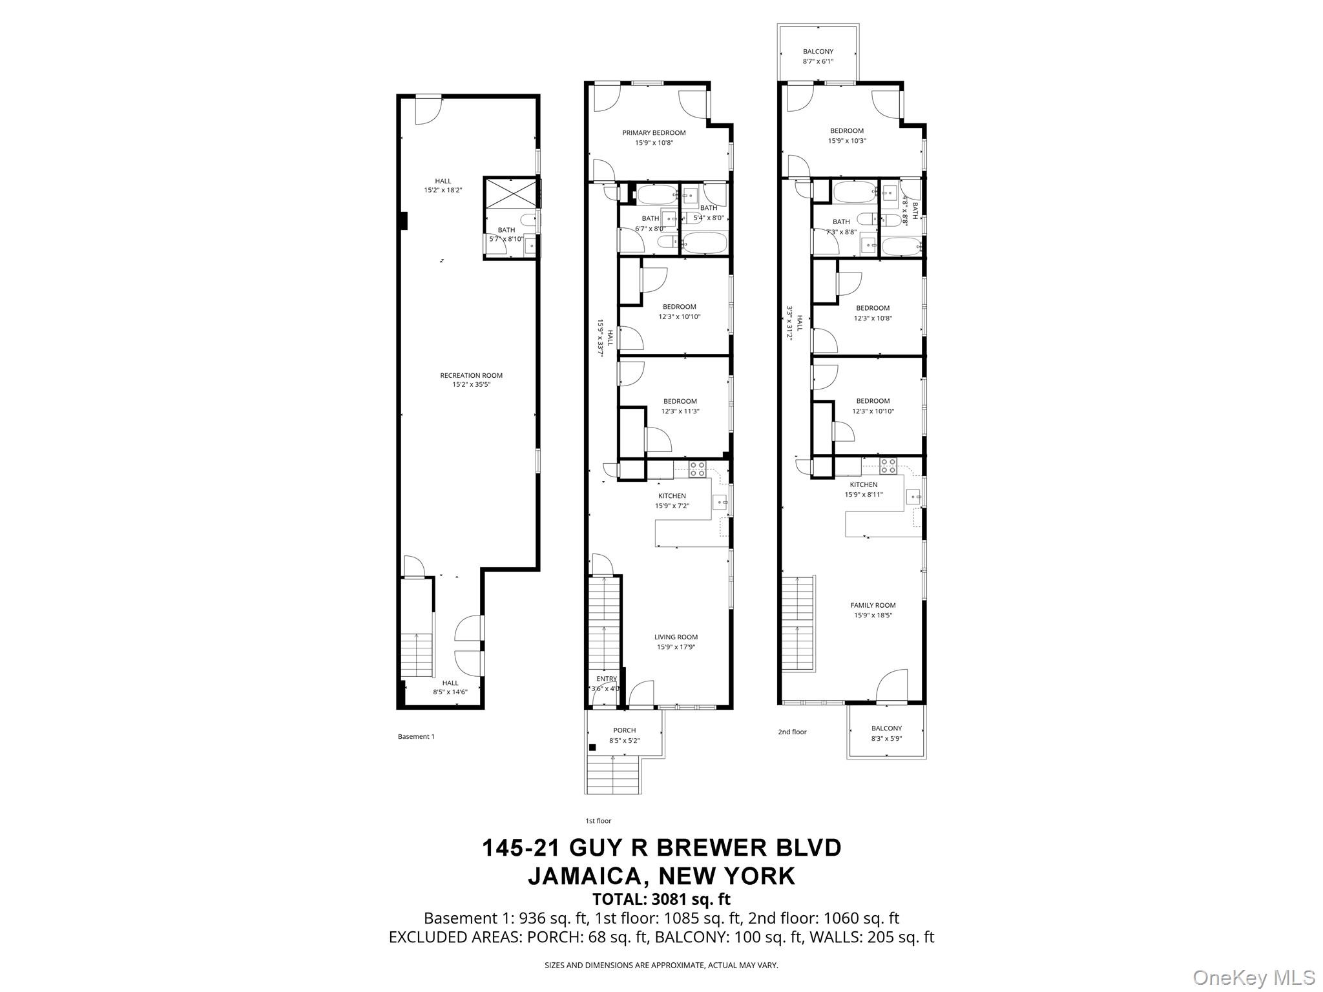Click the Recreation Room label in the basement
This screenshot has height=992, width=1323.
[471, 375]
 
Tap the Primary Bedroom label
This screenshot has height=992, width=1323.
[654, 133]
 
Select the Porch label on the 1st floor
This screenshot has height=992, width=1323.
[625, 730]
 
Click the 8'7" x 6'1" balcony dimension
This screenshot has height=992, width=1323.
[818, 61]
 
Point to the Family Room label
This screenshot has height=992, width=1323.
[873, 605]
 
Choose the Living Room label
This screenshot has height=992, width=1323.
[676, 637]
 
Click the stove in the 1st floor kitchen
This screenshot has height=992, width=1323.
[697, 470]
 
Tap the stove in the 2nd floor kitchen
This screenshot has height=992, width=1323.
[888, 466]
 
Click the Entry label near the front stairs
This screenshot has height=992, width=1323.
[607, 679]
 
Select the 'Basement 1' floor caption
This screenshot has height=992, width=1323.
[416, 736]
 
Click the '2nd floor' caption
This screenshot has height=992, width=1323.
[792, 732]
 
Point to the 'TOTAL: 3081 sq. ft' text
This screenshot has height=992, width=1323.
[661, 899]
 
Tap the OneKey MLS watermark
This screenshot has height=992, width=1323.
[1253, 977]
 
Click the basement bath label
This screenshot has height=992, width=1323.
[506, 230]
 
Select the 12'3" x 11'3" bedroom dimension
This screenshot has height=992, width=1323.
[680, 411]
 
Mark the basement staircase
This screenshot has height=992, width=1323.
[417, 654]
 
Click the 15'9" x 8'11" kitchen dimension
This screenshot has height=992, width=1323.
[864, 495]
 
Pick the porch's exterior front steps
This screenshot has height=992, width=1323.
[612, 775]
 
